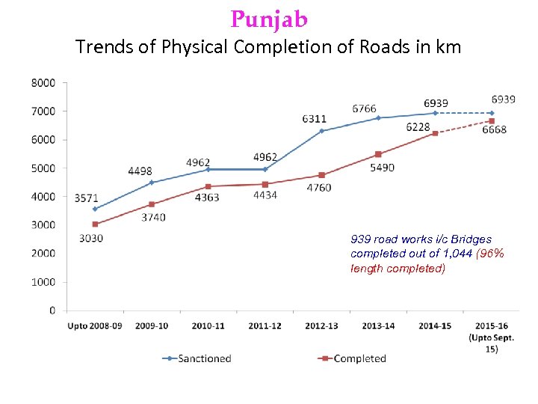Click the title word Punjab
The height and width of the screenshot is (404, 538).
point(269,18)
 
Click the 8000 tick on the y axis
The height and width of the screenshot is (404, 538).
point(43,83)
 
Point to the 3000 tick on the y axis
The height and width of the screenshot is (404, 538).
point(43,225)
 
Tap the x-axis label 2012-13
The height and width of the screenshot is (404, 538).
point(321,326)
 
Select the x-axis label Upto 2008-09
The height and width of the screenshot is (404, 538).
point(94,326)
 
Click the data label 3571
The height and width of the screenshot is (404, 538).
point(86,198)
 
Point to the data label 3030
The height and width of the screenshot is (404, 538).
point(90,239)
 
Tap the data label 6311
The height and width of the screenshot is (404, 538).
point(314,119)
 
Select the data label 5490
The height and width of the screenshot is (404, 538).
point(381,168)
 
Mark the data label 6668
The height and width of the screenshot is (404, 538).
point(494,130)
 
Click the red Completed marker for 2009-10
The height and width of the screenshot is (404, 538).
point(152,204)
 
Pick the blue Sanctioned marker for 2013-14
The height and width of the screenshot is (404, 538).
point(378,117)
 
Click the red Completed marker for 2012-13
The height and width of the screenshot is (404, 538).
point(322,175)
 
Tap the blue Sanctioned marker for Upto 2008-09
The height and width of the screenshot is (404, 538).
point(95,209)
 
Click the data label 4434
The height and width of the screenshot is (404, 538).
point(265,196)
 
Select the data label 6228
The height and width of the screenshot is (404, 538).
point(418,127)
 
